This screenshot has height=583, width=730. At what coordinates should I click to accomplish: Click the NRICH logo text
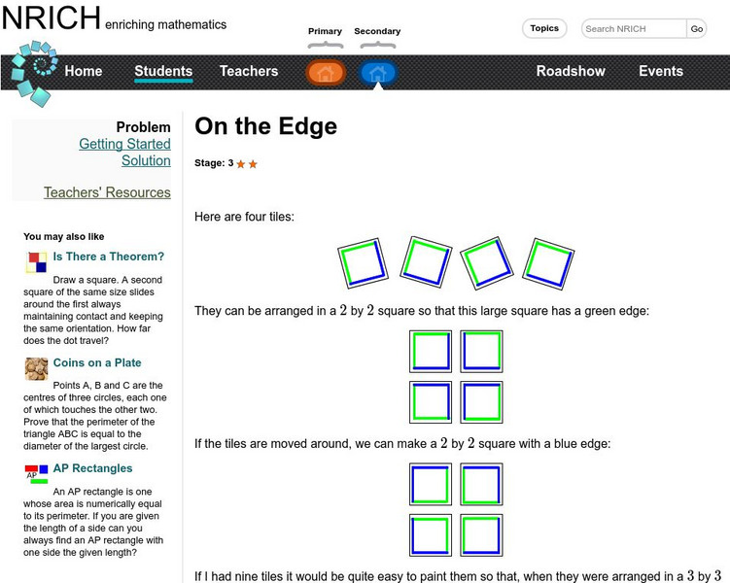[51, 18]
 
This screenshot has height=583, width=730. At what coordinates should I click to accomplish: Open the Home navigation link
[83, 71]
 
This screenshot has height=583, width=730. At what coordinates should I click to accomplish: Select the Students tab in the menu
[163, 71]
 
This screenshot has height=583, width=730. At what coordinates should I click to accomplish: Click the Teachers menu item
[249, 71]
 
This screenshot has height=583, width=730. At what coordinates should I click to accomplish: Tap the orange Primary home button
[326, 73]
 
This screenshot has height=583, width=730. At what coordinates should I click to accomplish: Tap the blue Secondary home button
[378, 73]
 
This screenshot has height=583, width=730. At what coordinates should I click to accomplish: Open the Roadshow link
[571, 71]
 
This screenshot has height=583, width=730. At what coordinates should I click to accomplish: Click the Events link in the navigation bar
[661, 71]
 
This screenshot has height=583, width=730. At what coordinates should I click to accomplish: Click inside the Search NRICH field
[633, 29]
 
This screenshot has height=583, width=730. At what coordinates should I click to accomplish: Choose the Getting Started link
[124, 144]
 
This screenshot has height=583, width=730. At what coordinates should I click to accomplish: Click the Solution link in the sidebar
[146, 160]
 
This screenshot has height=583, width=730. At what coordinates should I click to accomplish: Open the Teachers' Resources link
[107, 192]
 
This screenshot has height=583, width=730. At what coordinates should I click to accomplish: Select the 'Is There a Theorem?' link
[109, 257]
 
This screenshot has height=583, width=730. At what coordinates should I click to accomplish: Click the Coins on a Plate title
[97, 362]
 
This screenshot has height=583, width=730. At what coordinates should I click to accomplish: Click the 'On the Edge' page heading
[265, 126]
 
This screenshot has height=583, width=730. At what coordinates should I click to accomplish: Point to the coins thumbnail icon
[37, 368]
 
